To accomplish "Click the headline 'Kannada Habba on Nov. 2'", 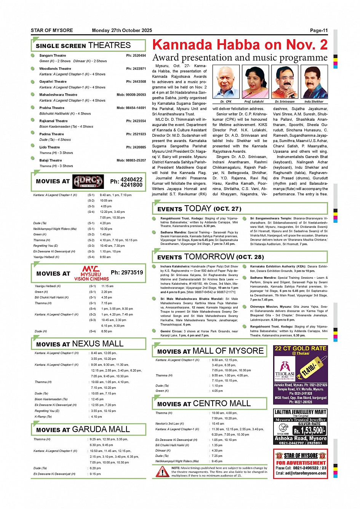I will pos(240,45).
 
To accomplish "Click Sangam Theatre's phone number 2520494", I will pos(136,56).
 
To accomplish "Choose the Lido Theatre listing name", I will pos(50,147).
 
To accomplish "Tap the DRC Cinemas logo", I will pos(88,182).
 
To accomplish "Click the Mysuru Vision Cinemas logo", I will pos(91,273).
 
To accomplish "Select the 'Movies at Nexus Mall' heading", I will pos(80,344).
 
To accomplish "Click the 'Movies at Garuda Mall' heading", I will pos(83,429).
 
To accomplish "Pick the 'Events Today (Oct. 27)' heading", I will pos(199,209).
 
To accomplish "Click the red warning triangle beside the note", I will pos(162,472).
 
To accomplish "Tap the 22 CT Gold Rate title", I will pos(301,348).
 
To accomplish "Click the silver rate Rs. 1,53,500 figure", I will pos(309,431).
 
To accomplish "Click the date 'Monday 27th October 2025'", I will pos(122,30).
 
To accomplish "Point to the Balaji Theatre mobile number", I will pos(131,160).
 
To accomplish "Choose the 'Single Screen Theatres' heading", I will pos(83,45).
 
